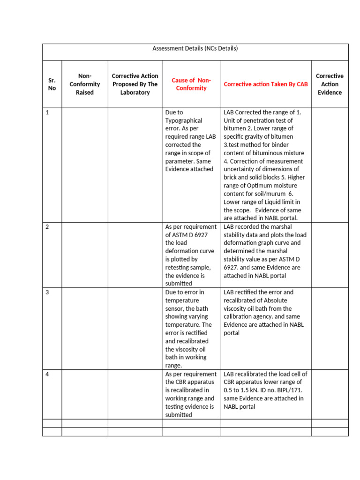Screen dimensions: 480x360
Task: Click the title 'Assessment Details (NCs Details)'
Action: [195, 48]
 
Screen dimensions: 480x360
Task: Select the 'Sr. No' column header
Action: [52, 84]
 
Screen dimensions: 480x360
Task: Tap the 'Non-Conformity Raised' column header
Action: [85, 84]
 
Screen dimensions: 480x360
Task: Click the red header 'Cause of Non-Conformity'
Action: [191, 84]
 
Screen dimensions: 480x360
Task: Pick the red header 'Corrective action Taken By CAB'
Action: [266, 84]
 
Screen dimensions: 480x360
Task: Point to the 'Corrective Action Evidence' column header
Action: [330, 84]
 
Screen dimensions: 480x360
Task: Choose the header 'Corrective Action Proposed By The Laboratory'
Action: [135, 84]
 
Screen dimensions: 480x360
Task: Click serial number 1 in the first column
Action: [47, 112]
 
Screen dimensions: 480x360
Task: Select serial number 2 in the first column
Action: [47, 227]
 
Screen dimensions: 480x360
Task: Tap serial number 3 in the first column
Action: [47, 292]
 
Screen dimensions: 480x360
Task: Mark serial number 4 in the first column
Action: [47, 374]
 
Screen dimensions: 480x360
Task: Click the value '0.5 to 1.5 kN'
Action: [243, 390]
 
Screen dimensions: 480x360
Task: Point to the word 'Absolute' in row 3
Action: [275, 300]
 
